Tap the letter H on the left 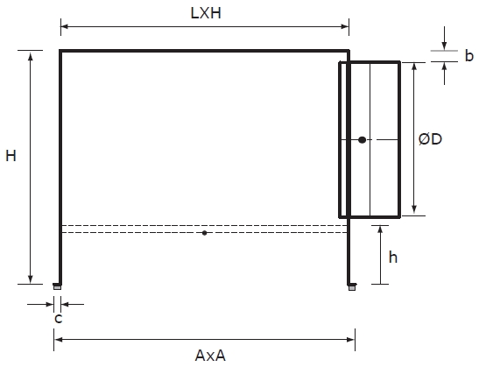pos(11,157)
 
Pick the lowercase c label pos(58,318)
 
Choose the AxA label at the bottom pos(210,355)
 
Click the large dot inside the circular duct pos(361,139)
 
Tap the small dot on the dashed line pos(204,232)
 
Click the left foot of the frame pos(58,286)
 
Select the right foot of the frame pos(351,286)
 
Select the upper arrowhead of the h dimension pos(383,229)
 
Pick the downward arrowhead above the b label pos(445,46)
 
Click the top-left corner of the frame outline pos(60,52)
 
